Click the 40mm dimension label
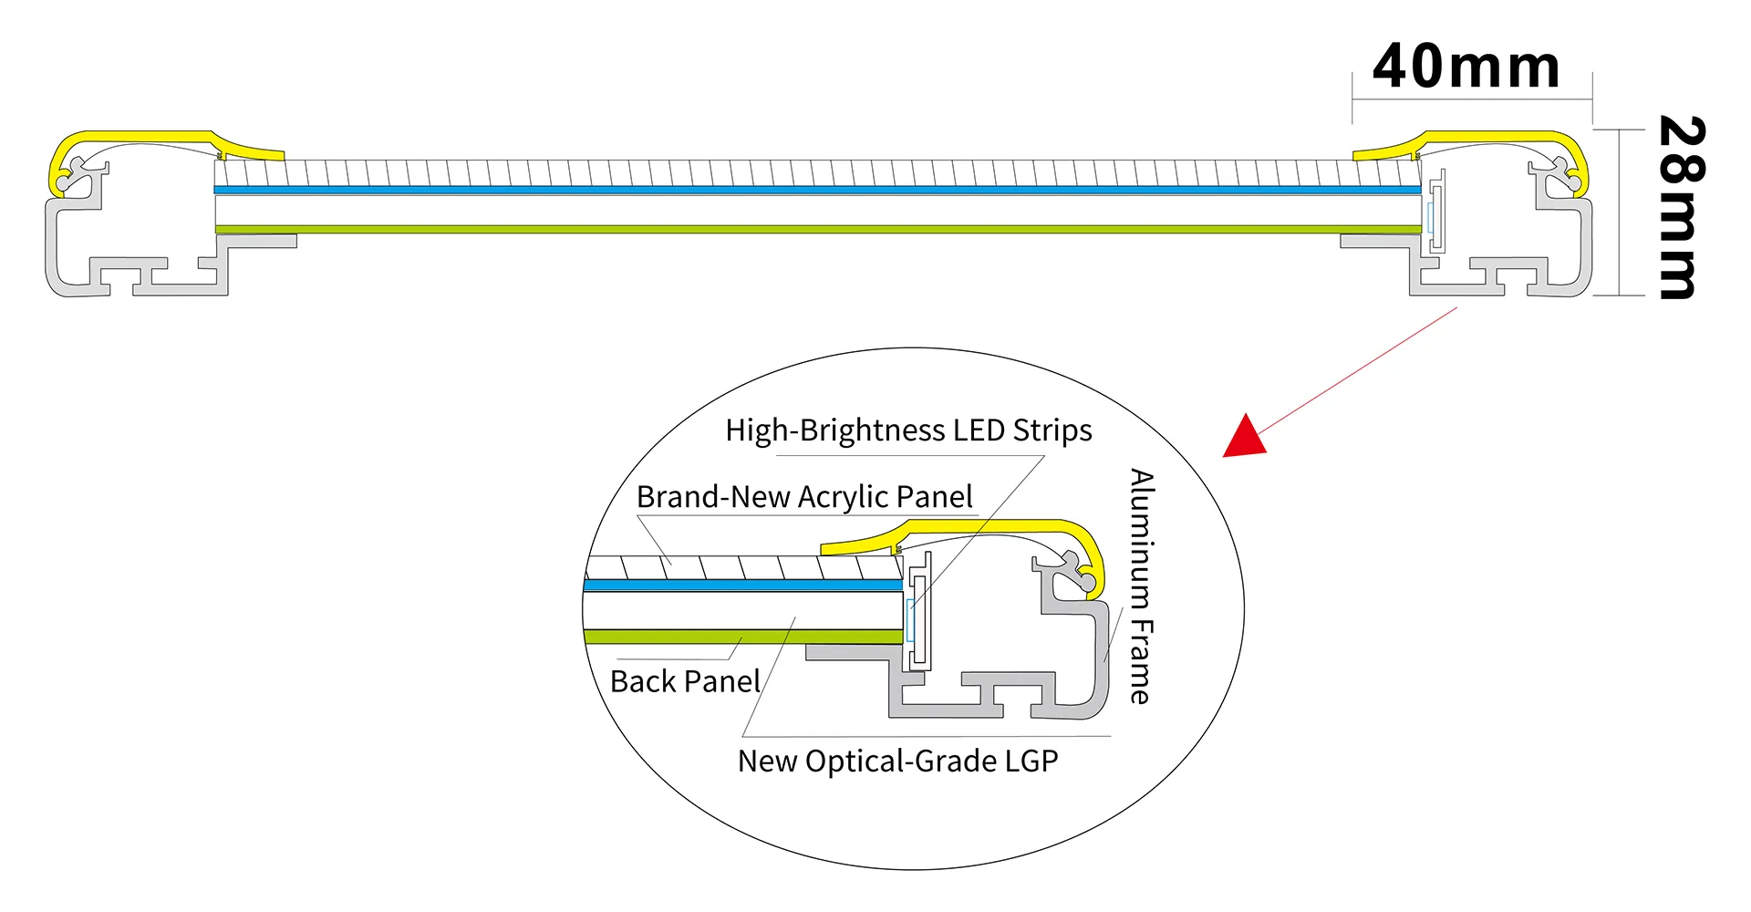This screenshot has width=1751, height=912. (x=1466, y=67)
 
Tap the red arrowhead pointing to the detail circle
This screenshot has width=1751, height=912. (x=1246, y=437)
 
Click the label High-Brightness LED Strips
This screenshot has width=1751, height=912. (x=908, y=430)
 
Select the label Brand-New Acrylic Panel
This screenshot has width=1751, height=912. (x=804, y=497)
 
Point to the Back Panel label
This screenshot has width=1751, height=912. (x=685, y=682)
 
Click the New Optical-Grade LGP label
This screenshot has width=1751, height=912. (x=897, y=762)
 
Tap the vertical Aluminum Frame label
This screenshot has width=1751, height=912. (x=1142, y=586)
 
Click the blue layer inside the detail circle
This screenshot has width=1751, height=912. (x=743, y=585)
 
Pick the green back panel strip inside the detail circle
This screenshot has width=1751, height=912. (x=743, y=637)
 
